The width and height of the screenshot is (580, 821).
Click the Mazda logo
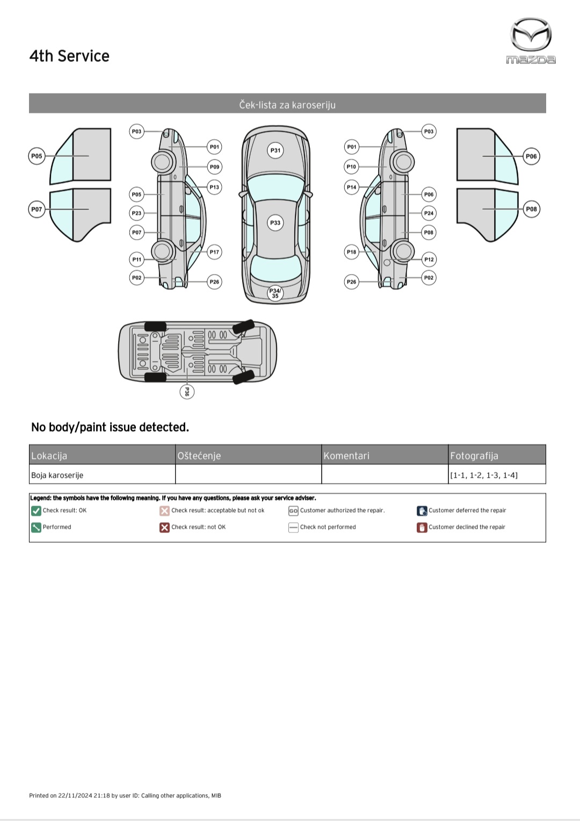531,41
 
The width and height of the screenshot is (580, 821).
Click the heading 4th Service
69,56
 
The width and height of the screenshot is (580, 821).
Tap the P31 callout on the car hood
275,150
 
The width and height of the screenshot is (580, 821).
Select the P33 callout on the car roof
275,222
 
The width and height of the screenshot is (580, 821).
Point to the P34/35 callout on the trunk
275,293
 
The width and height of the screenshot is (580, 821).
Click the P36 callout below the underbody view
186,392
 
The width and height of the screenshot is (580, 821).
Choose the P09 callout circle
214,167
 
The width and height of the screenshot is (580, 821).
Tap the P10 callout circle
351,167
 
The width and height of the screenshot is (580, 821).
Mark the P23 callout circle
137,213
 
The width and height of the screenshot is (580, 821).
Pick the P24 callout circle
429,213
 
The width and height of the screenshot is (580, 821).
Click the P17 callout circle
214,252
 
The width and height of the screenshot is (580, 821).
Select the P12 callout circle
429,260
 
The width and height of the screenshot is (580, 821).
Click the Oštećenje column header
248,455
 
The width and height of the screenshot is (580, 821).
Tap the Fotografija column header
497,455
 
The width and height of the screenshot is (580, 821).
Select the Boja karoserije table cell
102,475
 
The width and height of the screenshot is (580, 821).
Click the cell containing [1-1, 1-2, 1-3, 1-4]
497,475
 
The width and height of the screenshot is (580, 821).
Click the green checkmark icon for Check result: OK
36,511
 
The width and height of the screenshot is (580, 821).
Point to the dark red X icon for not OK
164,528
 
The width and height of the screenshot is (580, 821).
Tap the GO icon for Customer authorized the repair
293,511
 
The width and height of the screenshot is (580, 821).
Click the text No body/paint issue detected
110,427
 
